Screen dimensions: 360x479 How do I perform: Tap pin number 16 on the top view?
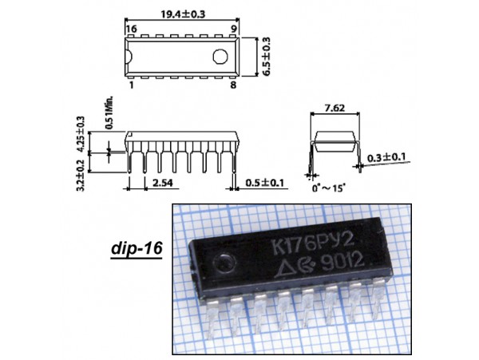[132, 28]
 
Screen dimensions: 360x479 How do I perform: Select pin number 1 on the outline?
[131, 83]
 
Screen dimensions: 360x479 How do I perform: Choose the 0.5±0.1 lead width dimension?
[263, 184]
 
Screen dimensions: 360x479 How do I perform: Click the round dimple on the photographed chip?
[228, 263]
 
